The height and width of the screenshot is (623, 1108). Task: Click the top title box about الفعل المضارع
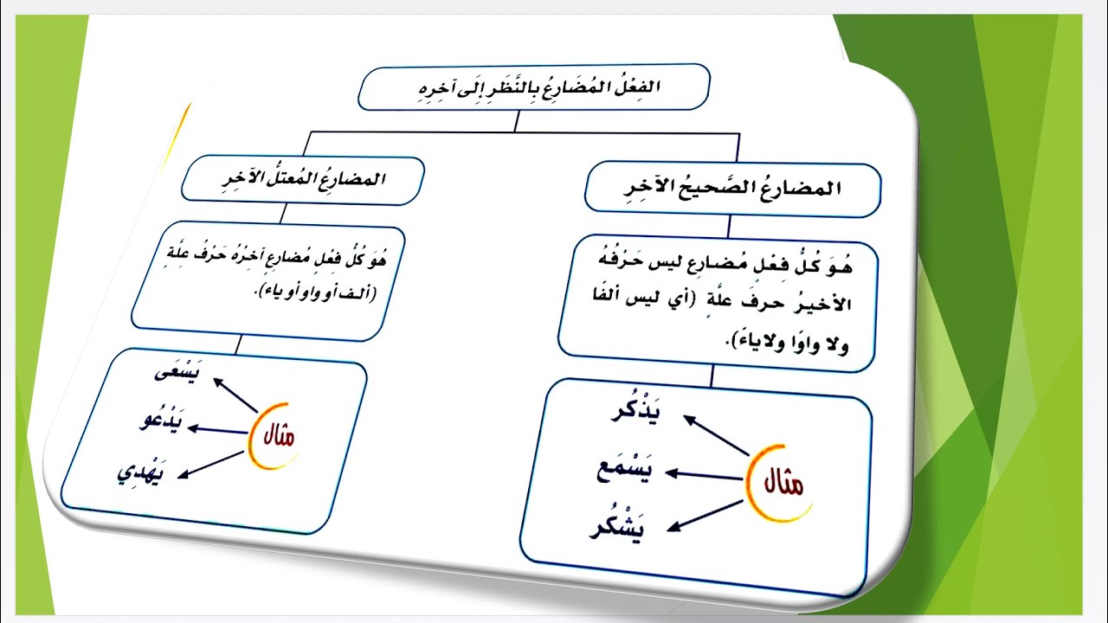tap(533, 87)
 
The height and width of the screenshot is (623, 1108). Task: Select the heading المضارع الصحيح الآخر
tap(731, 189)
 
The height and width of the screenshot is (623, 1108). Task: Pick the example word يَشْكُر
tap(618, 527)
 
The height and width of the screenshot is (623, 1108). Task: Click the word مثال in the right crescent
tap(780, 483)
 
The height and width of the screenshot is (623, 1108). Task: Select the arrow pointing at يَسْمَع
tap(705, 474)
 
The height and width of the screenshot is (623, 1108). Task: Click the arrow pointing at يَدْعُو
tap(220, 428)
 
